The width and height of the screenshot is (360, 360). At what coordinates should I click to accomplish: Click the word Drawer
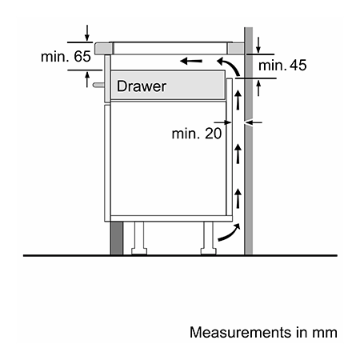pyautogui.click(x=142, y=86)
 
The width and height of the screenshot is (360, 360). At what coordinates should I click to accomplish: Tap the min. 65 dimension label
pyautogui.click(x=66, y=57)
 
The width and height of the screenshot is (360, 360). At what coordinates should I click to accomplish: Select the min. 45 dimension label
pyautogui.click(x=282, y=66)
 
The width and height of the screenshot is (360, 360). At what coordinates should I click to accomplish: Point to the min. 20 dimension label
pyautogui.click(x=197, y=134)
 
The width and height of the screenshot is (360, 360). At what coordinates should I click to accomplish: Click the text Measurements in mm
pyautogui.click(x=263, y=333)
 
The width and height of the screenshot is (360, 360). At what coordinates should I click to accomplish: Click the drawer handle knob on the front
pyautogui.click(x=98, y=85)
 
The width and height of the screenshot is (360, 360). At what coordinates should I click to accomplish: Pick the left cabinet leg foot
pyautogui.click(x=139, y=251)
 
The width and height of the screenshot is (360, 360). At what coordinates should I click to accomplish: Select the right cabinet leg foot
pyautogui.click(x=209, y=251)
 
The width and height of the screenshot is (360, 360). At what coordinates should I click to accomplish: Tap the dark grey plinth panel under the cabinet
pyautogui.click(x=117, y=238)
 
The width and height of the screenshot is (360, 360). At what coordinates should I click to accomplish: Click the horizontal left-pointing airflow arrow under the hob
pyautogui.click(x=191, y=62)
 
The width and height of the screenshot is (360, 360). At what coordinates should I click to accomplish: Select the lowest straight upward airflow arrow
pyautogui.click(x=238, y=198)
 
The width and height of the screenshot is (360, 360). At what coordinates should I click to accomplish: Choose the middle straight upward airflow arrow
pyautogui.click(x=238, y=154)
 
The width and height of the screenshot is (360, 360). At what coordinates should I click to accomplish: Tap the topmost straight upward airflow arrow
pyautogui.click(x=238, y=100)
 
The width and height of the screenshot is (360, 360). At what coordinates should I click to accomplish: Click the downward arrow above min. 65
pyautogui.click(x=87, y=33)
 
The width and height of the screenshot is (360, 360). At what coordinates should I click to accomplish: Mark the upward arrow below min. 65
pyautogui.click(x=87, y=79)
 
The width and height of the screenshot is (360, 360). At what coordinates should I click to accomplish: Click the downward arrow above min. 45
pyautogui.click(x=258, y=45)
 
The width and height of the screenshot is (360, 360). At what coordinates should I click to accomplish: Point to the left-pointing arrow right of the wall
pyautogui.click(x=254, y=122)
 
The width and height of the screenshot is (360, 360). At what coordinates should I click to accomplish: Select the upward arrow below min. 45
pyautogui.click(x=258, y=88)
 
